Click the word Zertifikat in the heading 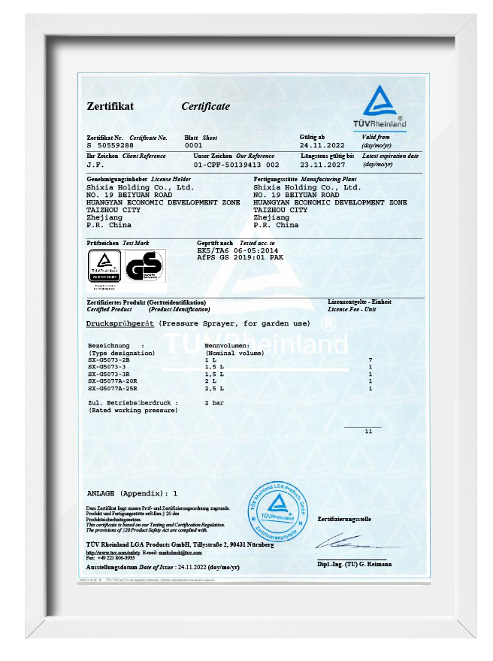[110, 106]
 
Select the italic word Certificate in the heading [205, 106]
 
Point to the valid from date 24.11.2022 [321, 144]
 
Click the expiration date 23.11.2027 [321, 163]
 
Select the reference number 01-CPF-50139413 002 [236, 163]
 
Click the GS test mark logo [144, 266]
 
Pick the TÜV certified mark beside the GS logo [105, 266]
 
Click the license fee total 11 [367, 432]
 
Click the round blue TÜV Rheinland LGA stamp [279, 511]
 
